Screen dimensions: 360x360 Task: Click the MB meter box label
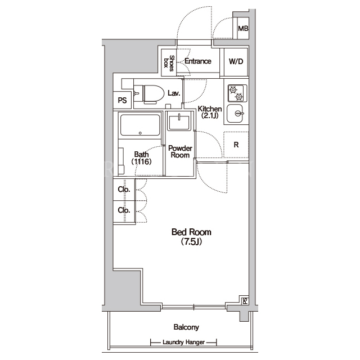243,29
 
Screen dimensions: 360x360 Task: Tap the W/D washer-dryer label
236,61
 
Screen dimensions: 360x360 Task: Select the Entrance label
198,61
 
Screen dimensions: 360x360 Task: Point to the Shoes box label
169,63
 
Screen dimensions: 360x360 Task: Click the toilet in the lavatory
149,94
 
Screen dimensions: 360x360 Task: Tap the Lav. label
174,93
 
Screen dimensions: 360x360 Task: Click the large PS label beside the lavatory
123,100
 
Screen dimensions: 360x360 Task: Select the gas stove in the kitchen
237,93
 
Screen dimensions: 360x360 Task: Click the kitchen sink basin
235,114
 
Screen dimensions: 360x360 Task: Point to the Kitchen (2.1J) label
210,112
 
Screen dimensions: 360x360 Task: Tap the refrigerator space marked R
236,145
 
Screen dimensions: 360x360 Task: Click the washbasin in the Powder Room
179,122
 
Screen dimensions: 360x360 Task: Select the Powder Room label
180,151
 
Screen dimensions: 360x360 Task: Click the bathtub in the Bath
140,125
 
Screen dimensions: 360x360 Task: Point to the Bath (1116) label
141,158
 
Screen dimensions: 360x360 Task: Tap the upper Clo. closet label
124,189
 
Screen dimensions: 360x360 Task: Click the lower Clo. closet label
124,210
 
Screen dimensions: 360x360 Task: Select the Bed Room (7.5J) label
191,237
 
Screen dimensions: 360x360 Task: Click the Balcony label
186,327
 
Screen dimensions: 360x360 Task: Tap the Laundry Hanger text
184,343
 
